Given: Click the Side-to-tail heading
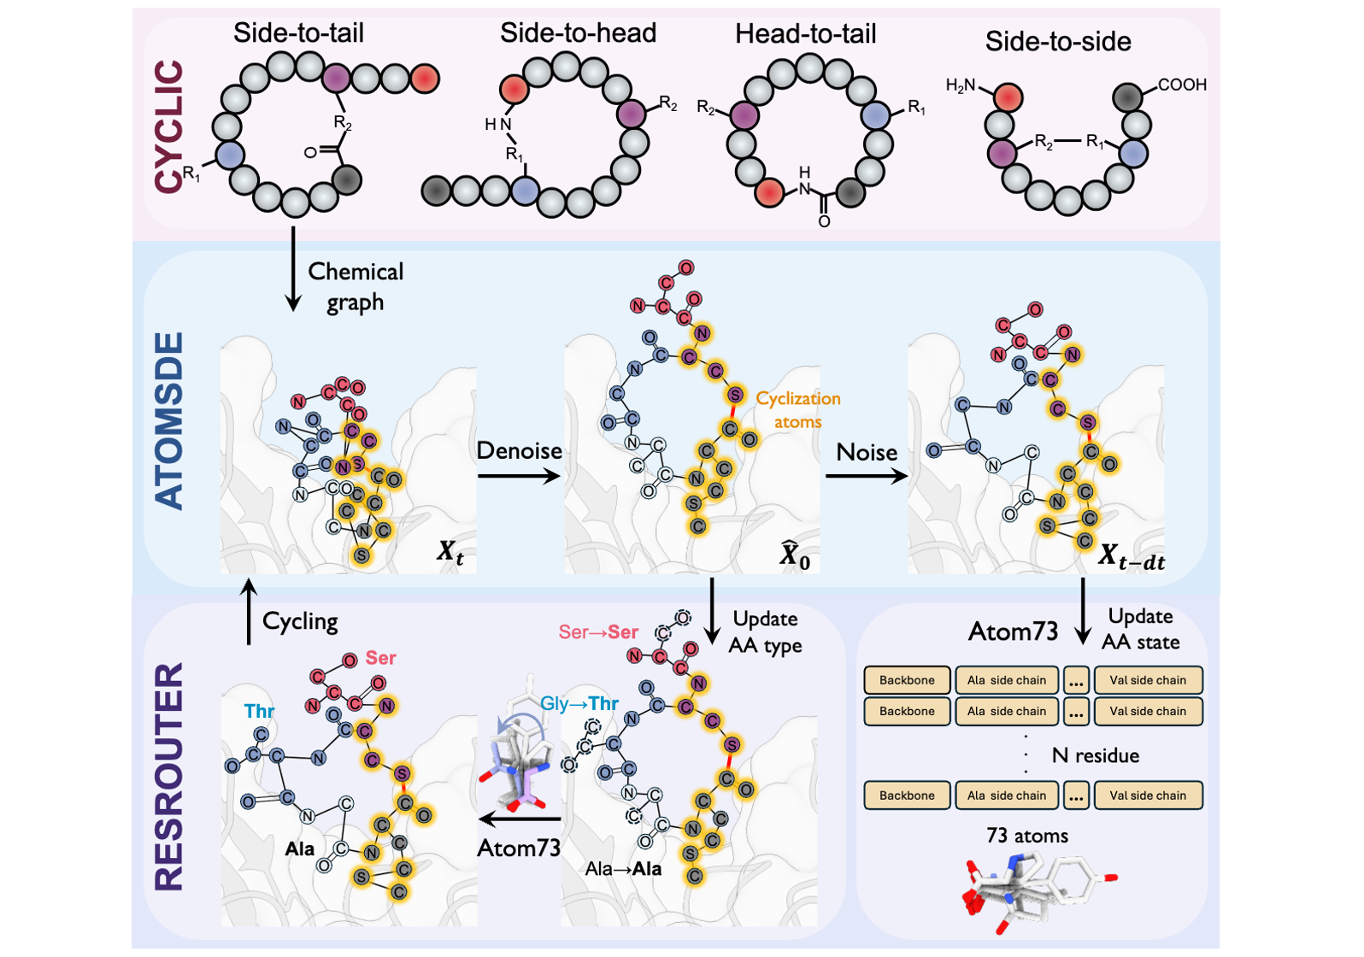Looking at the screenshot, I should [298, 33].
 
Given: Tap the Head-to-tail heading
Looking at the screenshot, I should [805, 34].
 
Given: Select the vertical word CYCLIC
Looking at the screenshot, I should [169, 126].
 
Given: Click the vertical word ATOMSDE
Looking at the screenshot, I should [169, 420].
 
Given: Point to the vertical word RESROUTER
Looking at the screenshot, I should [169, 776].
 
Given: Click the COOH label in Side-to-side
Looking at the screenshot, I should [1182, 85].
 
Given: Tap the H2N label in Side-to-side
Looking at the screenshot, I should [961, 85].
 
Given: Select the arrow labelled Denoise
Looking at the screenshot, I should [519, 475].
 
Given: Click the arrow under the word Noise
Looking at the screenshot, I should [866, 476].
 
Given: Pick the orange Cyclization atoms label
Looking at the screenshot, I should [798, 410].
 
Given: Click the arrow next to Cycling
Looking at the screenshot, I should [249, 612].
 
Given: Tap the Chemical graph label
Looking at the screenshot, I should [356, 287].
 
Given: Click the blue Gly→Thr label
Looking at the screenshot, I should [579, 703].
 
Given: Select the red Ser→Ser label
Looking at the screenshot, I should [598, 632].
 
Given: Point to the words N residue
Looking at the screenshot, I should [1095, 755].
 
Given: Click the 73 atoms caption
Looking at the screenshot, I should [1026, 836].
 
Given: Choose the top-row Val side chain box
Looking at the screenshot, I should [1148, 680].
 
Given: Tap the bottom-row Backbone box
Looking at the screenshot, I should [907, 795].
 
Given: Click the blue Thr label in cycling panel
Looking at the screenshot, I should [259, 711].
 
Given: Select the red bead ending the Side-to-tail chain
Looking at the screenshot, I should [425, 79].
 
